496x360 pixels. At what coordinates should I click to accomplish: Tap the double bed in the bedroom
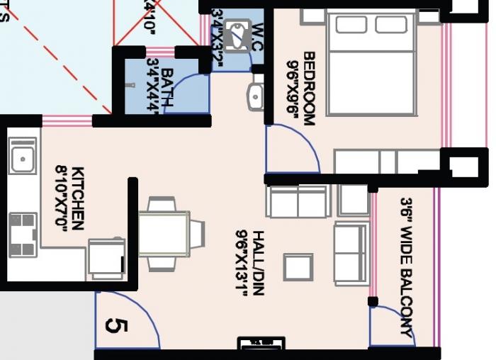point(371,64)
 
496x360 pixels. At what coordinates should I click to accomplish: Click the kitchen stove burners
point(23,234)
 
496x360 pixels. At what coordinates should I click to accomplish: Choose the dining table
point(164,234)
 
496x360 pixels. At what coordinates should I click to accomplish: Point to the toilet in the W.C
point(238,35)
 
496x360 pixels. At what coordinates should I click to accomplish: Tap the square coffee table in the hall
point(298,267)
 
